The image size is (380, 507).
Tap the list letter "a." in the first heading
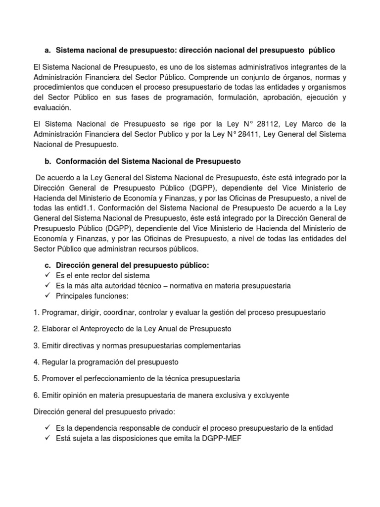point(47,51)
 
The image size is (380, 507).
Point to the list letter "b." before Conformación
point(47,161)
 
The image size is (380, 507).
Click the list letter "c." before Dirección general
point(47,265)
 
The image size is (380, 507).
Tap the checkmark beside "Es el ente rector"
point(47,275)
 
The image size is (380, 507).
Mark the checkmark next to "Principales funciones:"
point(47,296)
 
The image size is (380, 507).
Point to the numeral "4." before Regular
point(37,362)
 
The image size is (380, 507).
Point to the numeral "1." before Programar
point(37,312)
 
